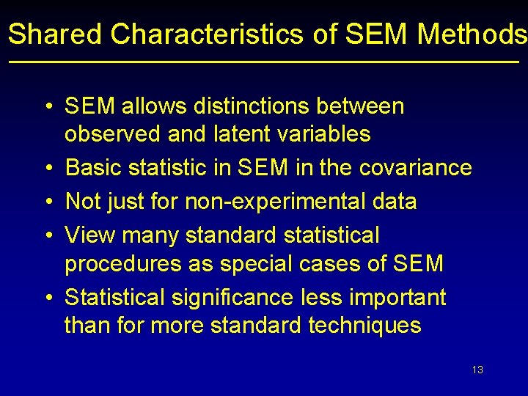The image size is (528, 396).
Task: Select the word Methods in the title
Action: [472, 34]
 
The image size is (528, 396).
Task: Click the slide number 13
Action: [477, 370]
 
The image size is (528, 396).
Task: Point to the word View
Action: [90, 235]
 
